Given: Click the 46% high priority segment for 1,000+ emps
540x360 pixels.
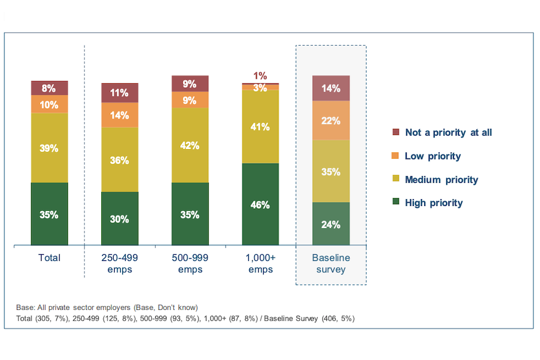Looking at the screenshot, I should pos(260,204).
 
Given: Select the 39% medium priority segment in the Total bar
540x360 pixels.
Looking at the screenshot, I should pos(49,148).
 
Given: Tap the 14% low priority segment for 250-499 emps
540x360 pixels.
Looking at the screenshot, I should pos(120,115).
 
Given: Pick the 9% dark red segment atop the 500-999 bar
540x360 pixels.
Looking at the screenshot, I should pos(190,84).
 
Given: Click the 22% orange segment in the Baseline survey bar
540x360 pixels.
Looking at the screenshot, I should pos(331,120).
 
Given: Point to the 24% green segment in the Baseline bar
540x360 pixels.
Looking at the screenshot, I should pos(331,224).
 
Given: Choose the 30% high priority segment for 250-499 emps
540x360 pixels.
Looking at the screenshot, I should pos(120,219).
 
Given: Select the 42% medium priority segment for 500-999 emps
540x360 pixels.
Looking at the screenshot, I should pos(190,145).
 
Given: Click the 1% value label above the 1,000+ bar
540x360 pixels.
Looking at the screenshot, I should pos(260,76).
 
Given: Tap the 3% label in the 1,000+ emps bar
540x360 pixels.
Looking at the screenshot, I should pos(260,87).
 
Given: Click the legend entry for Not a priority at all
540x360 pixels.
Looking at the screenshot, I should pos(448,132).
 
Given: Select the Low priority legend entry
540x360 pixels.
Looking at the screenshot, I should pos(433,156).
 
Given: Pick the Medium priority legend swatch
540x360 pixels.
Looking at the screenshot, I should pos(395,179).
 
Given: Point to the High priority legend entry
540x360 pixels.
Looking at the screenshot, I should pos(433,203).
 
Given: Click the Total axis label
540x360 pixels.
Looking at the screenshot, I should pos(49,258).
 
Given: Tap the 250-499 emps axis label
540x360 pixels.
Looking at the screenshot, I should pos(120,263).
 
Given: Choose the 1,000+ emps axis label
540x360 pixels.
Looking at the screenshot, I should pos(260,263).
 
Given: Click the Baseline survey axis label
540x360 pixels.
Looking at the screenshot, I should pos(331,263).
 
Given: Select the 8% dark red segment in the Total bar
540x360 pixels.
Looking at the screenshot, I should pos(49,88).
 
